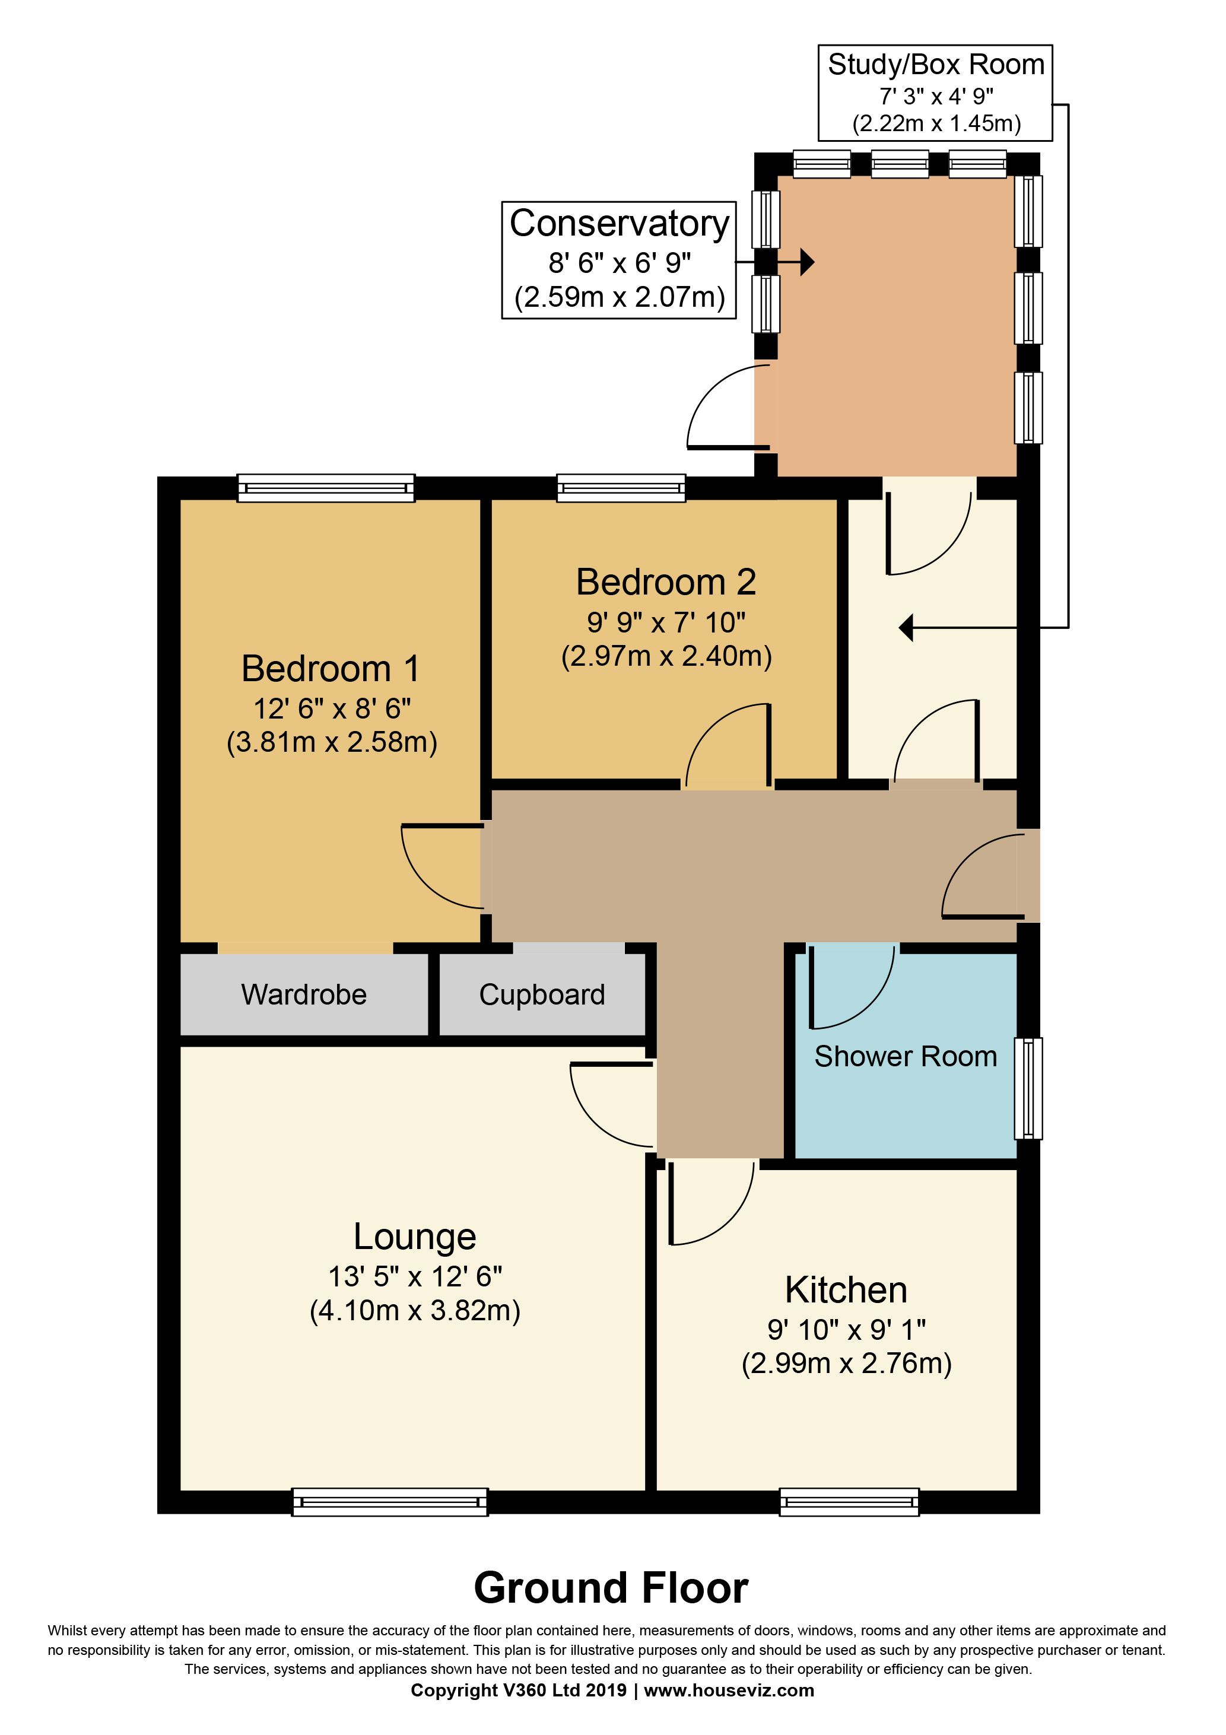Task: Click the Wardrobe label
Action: (304, 994)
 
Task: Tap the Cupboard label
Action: (542, 995)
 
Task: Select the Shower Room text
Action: (906, 1056)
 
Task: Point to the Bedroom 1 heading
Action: (331, 669)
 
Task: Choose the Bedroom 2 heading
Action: (666, 583)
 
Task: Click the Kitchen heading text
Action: (846, 1290)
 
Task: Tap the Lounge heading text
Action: (415, 1238)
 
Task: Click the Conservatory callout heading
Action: (619, 224)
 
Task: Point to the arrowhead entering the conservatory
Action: (807, 262)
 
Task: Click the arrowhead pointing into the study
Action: (906, 627)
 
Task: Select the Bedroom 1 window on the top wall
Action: (326, 488)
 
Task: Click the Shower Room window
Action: (1028, 1088)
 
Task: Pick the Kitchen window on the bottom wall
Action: (850, 1502)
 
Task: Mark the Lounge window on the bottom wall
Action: (390, 1502)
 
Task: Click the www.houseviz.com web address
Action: (729, 1690)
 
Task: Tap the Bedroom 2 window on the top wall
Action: (621, 488)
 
